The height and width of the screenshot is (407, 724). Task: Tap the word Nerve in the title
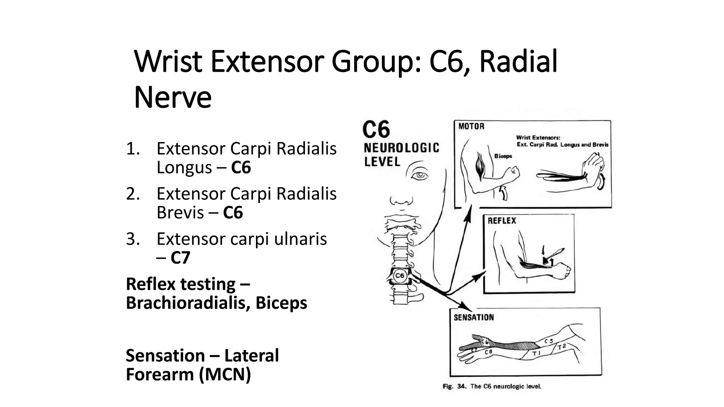click(x=173, y=97)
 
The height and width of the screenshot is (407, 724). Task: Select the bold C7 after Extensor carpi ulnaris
click(x=180, y=258)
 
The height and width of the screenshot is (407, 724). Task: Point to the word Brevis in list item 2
click(x=180, y=213)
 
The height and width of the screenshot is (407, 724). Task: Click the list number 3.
click(x=133, y=239)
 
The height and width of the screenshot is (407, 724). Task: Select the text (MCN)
click(x=225, y=374)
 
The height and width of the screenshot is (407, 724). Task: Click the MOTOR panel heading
click(x=471, y=126)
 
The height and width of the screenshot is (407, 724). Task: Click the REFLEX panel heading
click(x=502, y=221)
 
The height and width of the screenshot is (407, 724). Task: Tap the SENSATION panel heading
click(x=474, y=317)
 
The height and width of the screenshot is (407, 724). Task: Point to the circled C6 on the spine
click(x=400, y=276)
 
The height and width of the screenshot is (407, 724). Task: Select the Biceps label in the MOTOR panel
click(x=503, y=156)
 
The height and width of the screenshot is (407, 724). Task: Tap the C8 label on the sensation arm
click(x=488, y=352)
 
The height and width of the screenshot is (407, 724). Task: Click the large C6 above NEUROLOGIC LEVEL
click(x=376, y=129)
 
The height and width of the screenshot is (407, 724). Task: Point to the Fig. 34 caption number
click(x=461, y=387)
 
